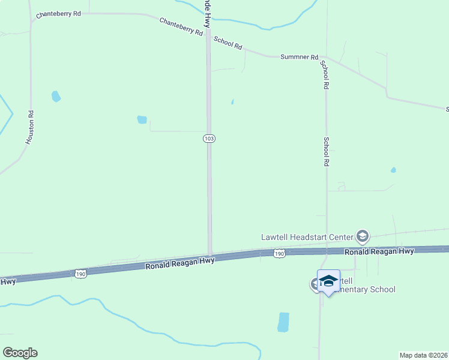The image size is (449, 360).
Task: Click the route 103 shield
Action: pyautogui.click(x=209, y=139)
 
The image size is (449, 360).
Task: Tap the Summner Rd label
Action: pyautogui.click(x=299, y=57)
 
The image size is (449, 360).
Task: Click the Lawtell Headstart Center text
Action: pyautogui.click(x=307, y=236)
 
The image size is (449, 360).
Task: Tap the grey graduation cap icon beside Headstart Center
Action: pyautogui.click(x=362, y=236)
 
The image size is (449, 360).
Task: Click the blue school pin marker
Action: pyautogui.click(x=328, y=281)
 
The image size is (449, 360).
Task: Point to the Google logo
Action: pyautogui.click(x=20, y=353)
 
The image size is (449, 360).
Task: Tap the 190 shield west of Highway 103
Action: pyautogui.click(x=82, y=274)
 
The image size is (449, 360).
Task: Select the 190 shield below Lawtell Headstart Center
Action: pyautogui.click(x=279, y=254)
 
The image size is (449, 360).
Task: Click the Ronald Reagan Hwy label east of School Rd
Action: pyautogui.click(x=379, y=252)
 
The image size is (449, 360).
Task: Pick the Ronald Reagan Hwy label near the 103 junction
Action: pyautogui.click(x=180, y=262)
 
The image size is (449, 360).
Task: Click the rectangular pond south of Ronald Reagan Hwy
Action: pyautogui.click(x=283, y=322)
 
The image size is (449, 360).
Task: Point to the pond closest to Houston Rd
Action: pyautogui.click(x=56, y=96)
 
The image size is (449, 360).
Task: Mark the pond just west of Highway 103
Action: pyautogui.click(x=142, y=119)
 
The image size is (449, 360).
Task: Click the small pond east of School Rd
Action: pyautogui.click(x=393, y=170)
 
